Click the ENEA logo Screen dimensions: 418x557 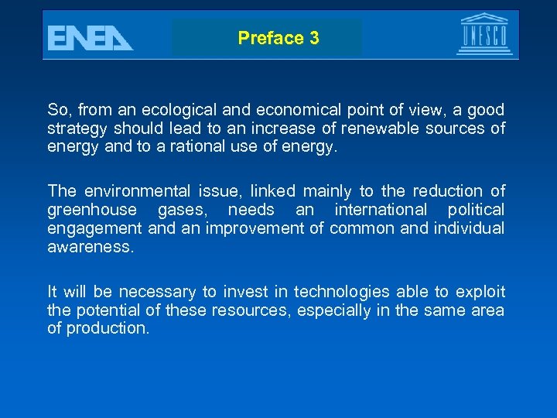coord(89,37)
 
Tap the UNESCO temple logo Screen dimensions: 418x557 coord(484,34)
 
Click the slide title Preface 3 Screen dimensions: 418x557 coord(278,38)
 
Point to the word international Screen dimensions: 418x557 coord(381,209)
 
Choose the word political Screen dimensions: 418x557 coord(473,209)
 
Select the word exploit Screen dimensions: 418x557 coord(480,292)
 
